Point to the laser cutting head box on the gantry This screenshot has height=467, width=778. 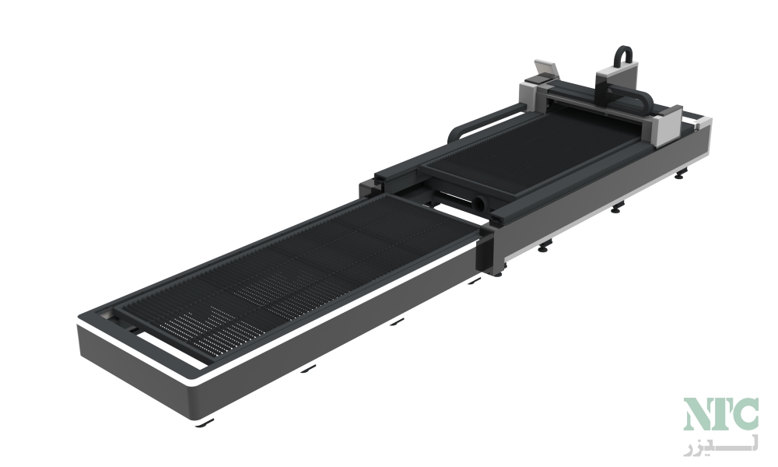tap(615, 83)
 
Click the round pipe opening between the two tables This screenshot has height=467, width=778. tap(480, 202)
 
